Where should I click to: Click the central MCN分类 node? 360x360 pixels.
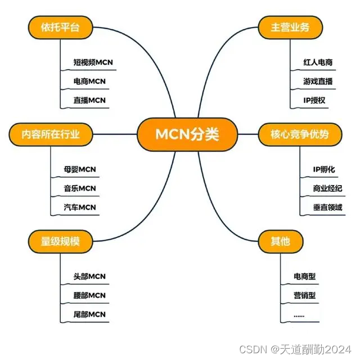179,134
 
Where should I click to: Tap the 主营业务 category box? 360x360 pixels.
290,27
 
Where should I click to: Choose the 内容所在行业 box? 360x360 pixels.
51,134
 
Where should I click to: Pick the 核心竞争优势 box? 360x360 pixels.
299,134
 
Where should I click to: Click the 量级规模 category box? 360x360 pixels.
60,241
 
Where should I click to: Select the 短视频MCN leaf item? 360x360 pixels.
93,62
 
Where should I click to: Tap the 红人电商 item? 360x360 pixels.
317,62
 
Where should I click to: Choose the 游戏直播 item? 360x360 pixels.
317,81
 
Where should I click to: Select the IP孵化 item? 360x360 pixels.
323,169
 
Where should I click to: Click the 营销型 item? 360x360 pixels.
304,295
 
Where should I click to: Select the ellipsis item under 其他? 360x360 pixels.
299,315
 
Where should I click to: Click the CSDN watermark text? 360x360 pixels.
298,350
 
